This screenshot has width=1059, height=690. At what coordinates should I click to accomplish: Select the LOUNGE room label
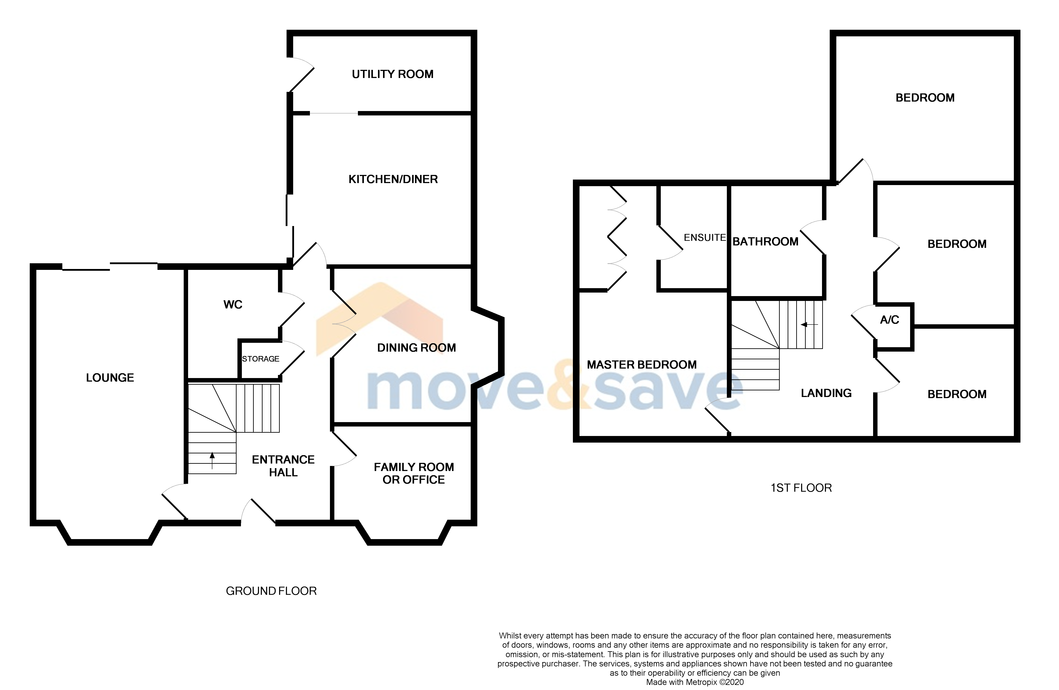[110, 378]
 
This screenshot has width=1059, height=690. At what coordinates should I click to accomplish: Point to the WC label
[233, 304]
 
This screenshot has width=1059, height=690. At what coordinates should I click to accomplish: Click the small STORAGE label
[261, 359]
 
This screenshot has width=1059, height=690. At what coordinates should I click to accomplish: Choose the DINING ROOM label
[417, 348]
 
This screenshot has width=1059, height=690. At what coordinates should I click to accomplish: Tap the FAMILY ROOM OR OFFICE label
[414, 473]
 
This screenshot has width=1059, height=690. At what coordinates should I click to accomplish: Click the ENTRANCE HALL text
[283, 466]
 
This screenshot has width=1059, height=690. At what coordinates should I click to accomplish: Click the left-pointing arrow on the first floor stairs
[809, 325]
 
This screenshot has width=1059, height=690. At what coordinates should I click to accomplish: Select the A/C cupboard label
[889, 320]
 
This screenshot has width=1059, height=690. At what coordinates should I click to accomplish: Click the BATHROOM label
[765, 242]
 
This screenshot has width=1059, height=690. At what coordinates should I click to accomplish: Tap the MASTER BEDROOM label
[642, 365]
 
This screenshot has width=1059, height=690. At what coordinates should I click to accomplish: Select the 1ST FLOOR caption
[801, 488]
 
